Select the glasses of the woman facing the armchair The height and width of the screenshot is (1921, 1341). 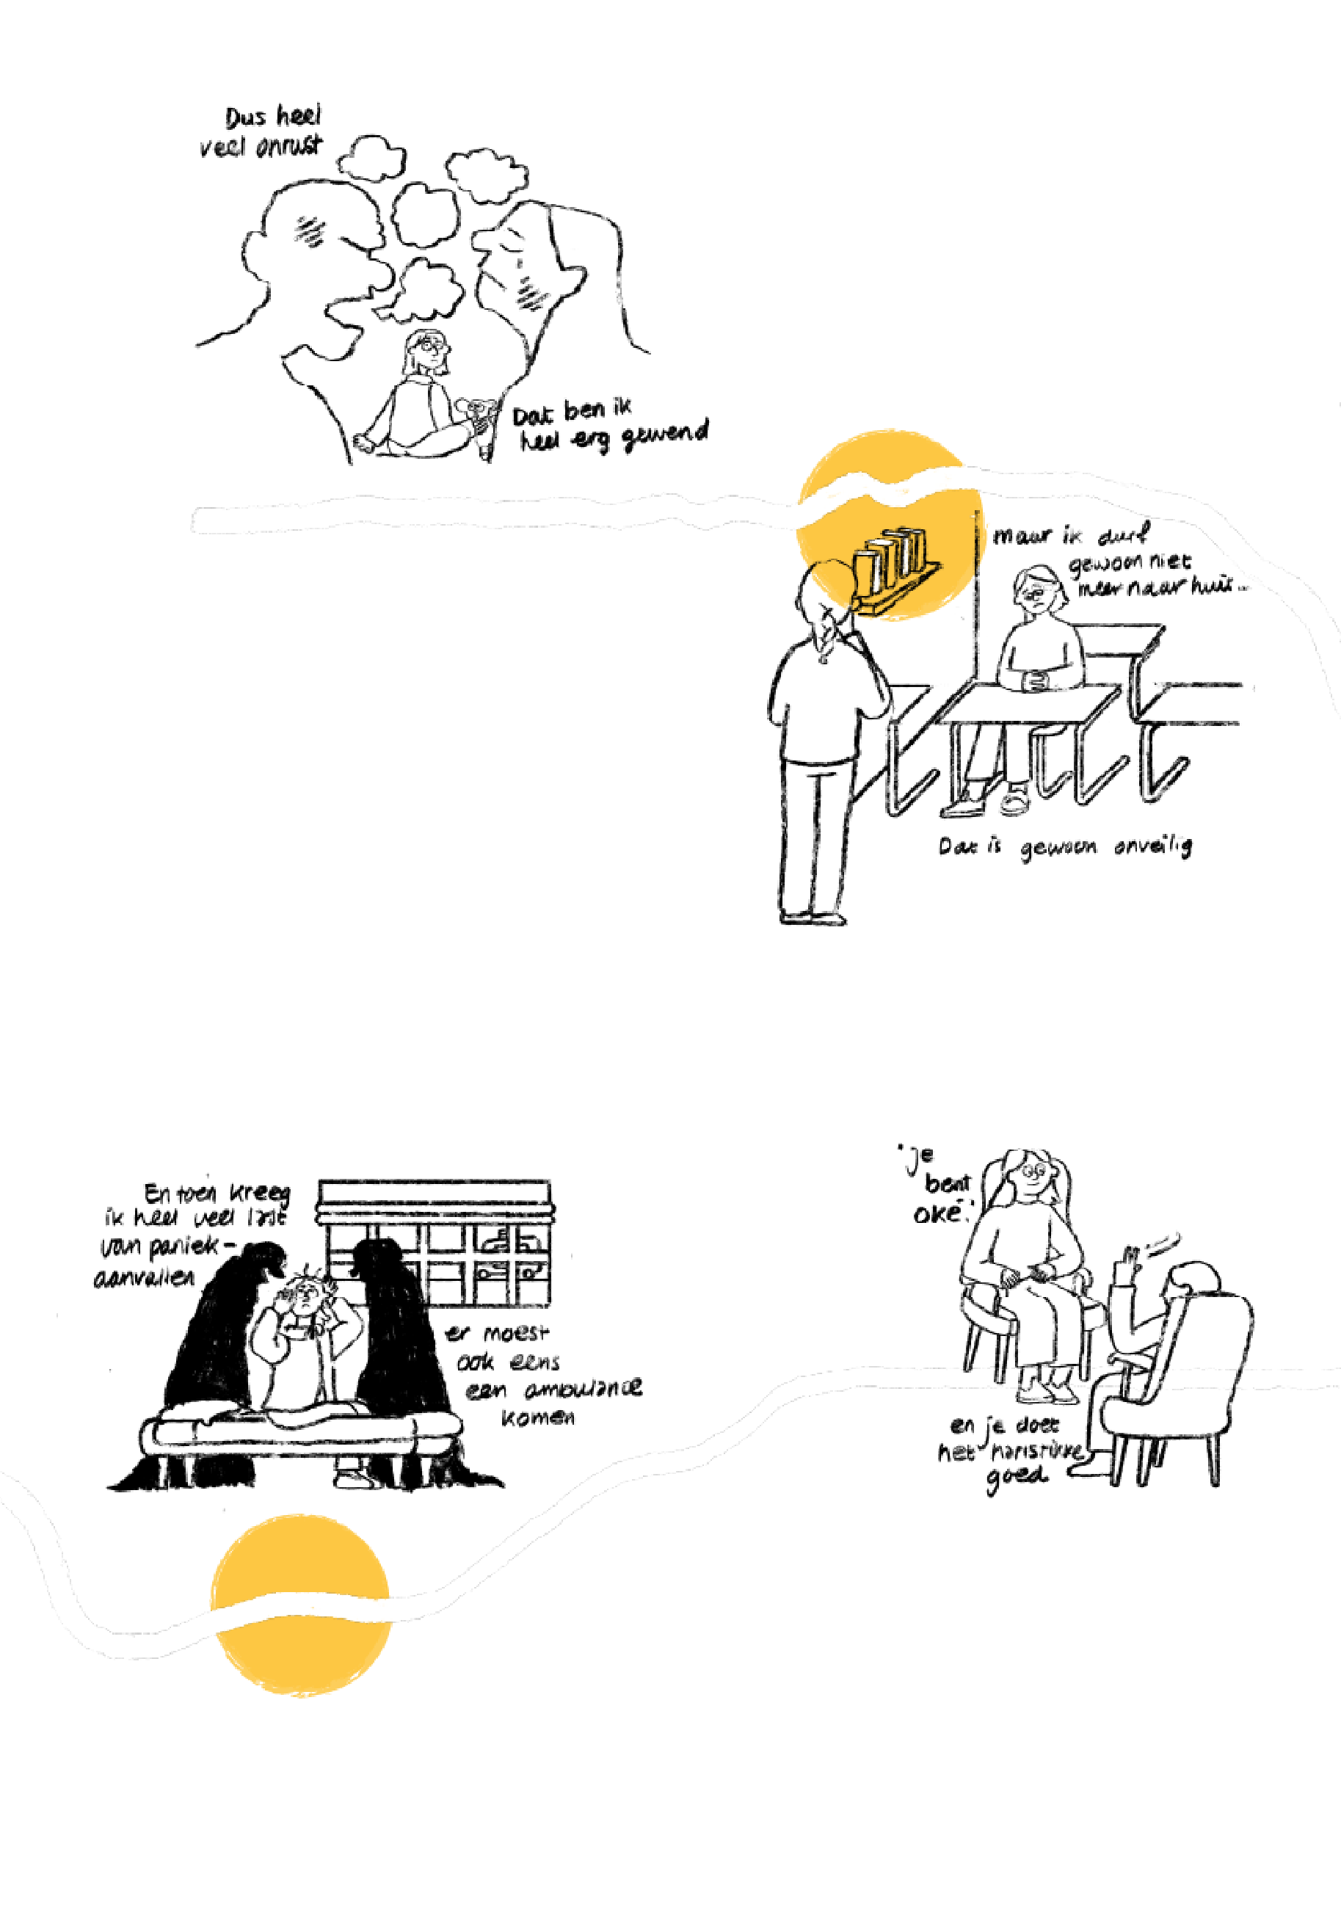click(x=1035, y=1169)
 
